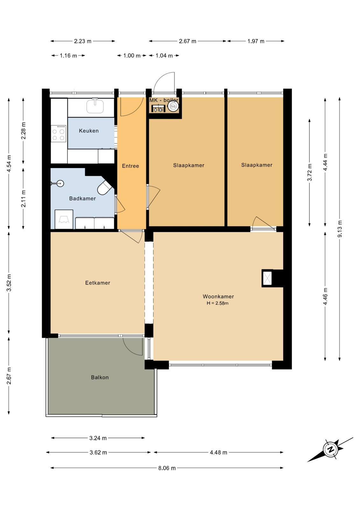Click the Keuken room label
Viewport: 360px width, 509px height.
coord(89,131)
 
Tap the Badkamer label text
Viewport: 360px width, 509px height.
coord(82,199)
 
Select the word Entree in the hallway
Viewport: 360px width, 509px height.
coord(130,166)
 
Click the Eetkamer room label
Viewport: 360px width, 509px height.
coord(98,283)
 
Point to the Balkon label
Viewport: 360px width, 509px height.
coord(100,377)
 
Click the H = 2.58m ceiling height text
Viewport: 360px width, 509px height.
coord(217,303)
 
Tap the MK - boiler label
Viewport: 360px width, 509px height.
coord(164,100)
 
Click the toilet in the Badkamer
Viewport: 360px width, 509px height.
coord(105,187)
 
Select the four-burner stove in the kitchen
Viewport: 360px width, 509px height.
coord(59,134)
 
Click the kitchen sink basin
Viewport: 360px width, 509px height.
coord(95,107)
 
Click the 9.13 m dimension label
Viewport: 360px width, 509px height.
coord(339,229)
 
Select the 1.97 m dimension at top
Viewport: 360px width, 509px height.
coord(256,41)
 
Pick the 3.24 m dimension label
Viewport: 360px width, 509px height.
coord(98,438)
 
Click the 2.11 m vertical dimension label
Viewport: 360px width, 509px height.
coord(23,199)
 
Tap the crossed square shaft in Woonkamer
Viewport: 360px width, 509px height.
coord(267,278)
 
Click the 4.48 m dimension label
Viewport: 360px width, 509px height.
coord(218,452)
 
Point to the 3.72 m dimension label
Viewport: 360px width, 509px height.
coord(309,172)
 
